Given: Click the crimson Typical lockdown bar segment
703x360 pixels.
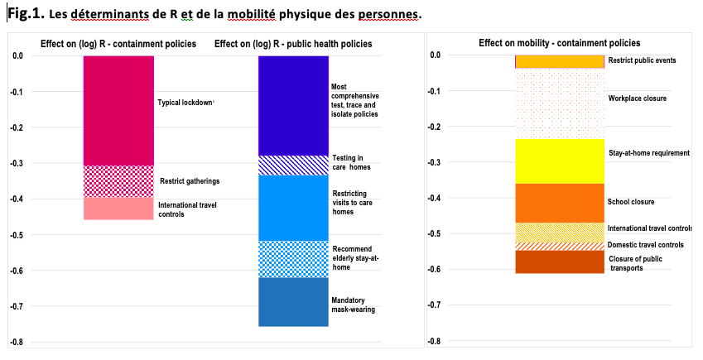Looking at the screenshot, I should point(118,110).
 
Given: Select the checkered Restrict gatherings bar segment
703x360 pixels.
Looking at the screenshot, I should point(118,181).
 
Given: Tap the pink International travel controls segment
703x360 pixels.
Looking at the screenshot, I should point(118,209).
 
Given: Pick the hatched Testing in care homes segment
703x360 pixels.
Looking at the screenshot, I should point(293,166).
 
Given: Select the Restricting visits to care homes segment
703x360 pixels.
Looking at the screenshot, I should point(293,208).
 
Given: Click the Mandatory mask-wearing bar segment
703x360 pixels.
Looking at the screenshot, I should point(293,302).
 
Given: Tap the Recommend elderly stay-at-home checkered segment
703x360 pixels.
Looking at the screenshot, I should point(293,259).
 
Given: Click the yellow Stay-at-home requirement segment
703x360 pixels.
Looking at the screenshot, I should point(560,161).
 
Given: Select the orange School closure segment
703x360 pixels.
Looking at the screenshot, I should point(560,203).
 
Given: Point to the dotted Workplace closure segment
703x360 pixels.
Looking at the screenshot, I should point(560,103).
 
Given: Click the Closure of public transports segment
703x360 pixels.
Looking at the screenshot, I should point(560,262).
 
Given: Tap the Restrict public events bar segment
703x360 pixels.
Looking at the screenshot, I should point(560,61).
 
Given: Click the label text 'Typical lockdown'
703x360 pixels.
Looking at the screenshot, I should point(185,103).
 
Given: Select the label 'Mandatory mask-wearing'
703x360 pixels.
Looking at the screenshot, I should point(354,305).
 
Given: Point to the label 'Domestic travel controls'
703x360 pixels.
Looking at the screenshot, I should point(645,245).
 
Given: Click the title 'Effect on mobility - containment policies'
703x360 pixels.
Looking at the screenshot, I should point(559,43).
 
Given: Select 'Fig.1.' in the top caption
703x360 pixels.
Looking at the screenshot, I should point(26,12).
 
